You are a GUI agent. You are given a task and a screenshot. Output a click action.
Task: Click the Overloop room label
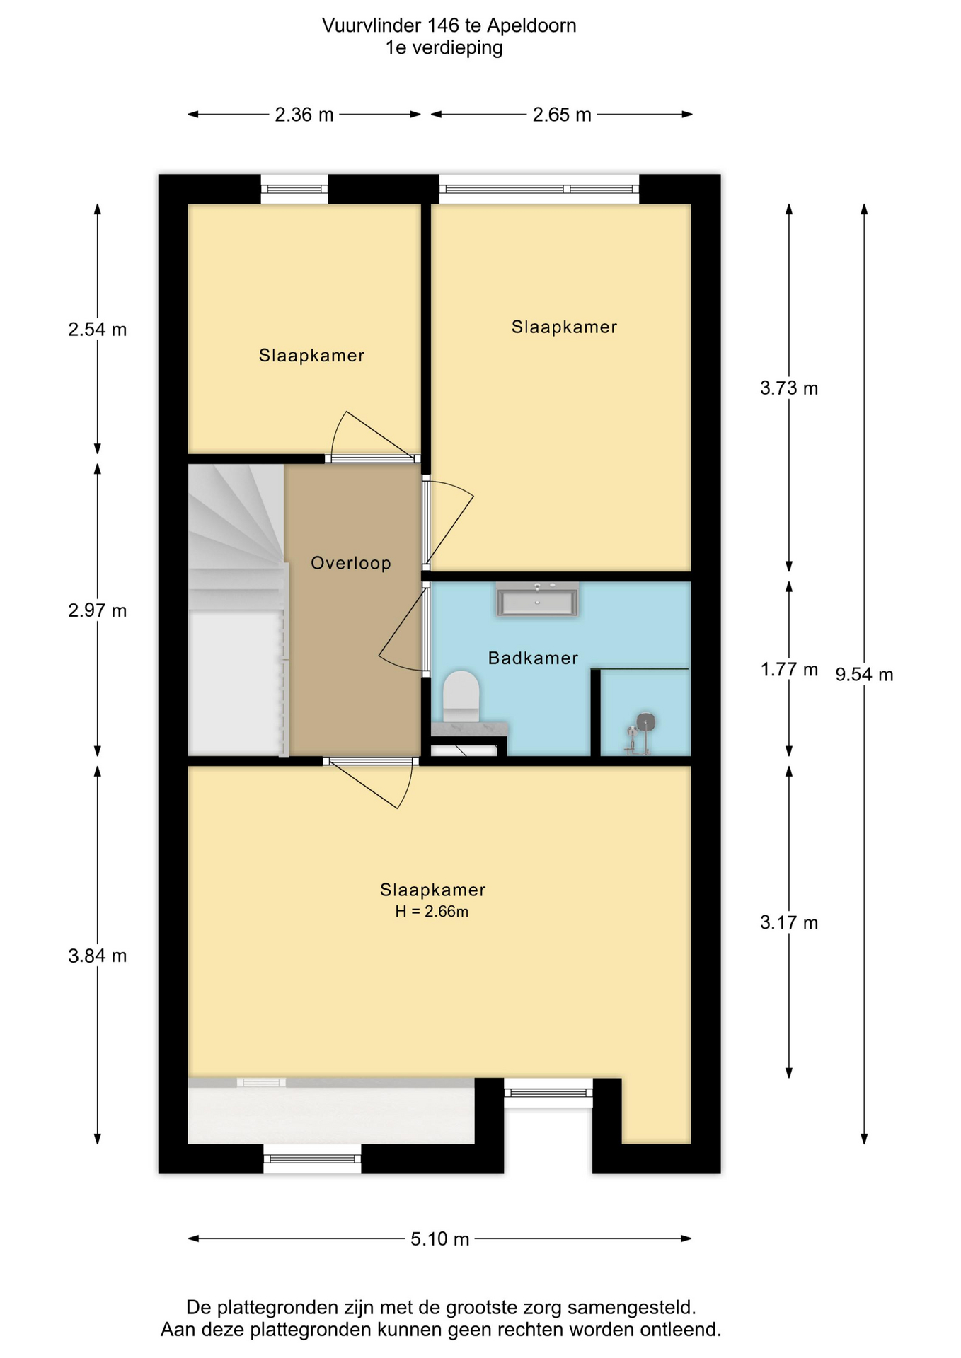351,563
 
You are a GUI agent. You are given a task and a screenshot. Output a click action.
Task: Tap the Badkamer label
533,658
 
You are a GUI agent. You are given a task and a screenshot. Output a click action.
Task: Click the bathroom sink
537,600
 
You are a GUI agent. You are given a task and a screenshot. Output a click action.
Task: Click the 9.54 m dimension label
864,675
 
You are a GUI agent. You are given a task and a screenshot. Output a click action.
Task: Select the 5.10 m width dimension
440,1238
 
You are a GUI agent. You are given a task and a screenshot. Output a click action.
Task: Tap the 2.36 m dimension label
304,115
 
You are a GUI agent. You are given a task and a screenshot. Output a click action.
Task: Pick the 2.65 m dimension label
562,115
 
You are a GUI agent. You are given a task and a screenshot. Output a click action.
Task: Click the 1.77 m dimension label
789,669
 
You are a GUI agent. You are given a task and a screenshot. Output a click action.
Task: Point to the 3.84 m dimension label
98,956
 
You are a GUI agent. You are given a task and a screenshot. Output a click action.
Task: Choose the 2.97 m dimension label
98,610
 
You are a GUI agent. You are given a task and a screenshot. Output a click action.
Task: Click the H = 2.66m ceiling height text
432,912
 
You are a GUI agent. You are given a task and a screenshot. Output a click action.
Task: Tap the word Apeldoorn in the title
531,25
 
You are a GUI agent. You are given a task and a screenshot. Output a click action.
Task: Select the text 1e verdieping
444,48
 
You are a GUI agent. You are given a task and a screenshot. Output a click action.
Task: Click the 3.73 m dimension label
789,388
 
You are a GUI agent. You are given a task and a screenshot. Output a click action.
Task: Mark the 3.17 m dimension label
789,922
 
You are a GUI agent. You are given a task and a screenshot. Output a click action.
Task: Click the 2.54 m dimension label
98,330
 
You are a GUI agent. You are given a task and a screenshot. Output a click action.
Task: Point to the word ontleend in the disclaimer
680,1330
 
